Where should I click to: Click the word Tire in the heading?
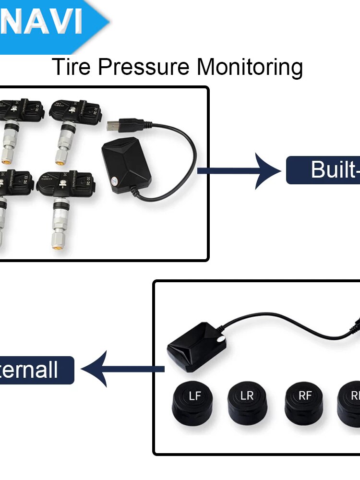[x=72, y=67]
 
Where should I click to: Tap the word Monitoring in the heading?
[x=250, y=67]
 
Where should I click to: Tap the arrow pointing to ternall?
[x=122, y=369]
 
